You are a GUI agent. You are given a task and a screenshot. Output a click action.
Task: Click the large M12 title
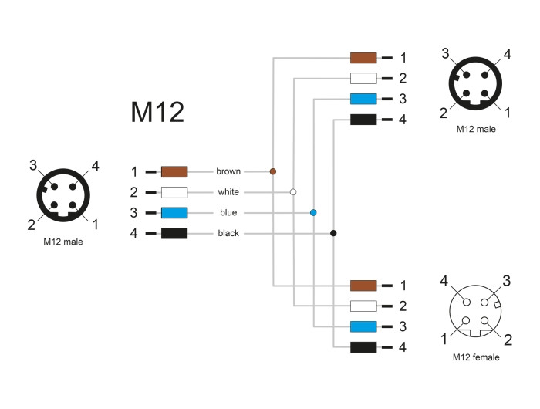click(x=157, y=112)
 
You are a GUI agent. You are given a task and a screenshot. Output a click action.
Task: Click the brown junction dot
click(x=273, y=171)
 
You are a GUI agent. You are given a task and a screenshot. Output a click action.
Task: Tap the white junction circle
click(x=293, y=192)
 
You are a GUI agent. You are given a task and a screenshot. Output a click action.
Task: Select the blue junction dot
click(x=313, y=212)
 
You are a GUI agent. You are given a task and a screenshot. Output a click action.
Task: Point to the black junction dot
click(x=333, y=233)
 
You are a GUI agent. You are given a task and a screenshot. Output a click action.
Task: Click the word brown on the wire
click(x=228, y=171)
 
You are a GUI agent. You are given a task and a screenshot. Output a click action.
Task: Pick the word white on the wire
click(x=228, y=192)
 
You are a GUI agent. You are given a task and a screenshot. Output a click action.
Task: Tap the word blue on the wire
click(x=228, y=212)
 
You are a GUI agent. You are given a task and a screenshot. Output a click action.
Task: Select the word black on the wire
click(x=228, y=233)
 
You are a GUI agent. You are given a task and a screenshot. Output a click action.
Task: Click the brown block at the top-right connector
click(x=363, y=58)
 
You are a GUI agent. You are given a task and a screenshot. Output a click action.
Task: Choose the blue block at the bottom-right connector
click(x=363, y=326)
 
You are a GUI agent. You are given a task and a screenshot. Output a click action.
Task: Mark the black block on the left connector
click(x=174, y=233)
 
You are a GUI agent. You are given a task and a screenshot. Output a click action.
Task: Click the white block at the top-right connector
click(x=363, y=78)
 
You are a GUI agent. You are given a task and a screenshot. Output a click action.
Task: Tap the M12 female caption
click(x=476, y=357)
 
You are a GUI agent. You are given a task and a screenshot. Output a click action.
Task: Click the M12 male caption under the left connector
click(x=63, y=242)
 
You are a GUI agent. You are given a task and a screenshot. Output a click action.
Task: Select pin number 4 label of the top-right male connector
click(x=508, y=55)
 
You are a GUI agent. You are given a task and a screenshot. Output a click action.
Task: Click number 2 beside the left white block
click(x=134, y=192)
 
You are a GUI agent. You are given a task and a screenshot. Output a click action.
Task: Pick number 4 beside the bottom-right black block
click(x=403, y=347)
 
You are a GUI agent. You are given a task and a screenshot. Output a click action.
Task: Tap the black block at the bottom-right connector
click(x=363, y=347)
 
